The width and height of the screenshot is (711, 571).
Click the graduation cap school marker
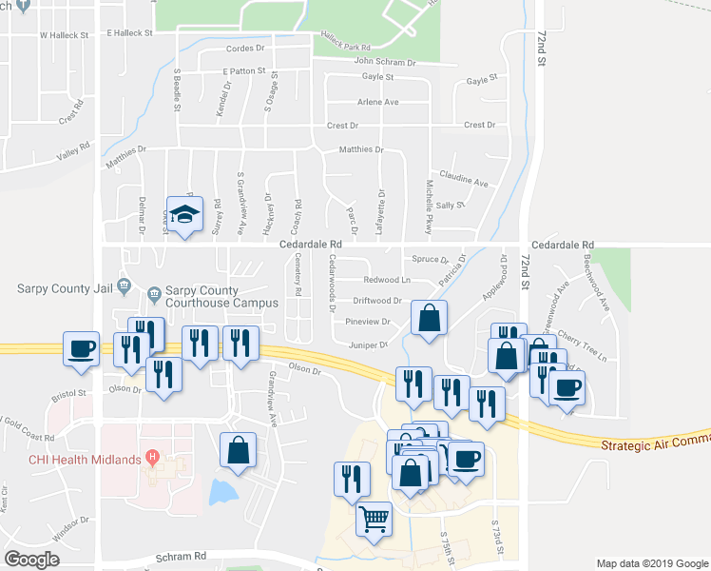(185, 213)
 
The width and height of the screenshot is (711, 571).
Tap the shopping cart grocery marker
(375, 520)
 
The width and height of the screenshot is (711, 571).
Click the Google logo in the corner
(32, 560)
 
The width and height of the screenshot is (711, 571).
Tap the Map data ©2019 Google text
(651, 563)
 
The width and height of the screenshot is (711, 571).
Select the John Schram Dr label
(385, 62)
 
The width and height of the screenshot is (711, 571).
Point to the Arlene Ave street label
(377, 102)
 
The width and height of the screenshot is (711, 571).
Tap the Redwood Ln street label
(386, 280)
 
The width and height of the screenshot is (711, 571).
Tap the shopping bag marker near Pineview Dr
(430, 319)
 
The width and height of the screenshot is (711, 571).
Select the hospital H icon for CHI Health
(151, 459)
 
